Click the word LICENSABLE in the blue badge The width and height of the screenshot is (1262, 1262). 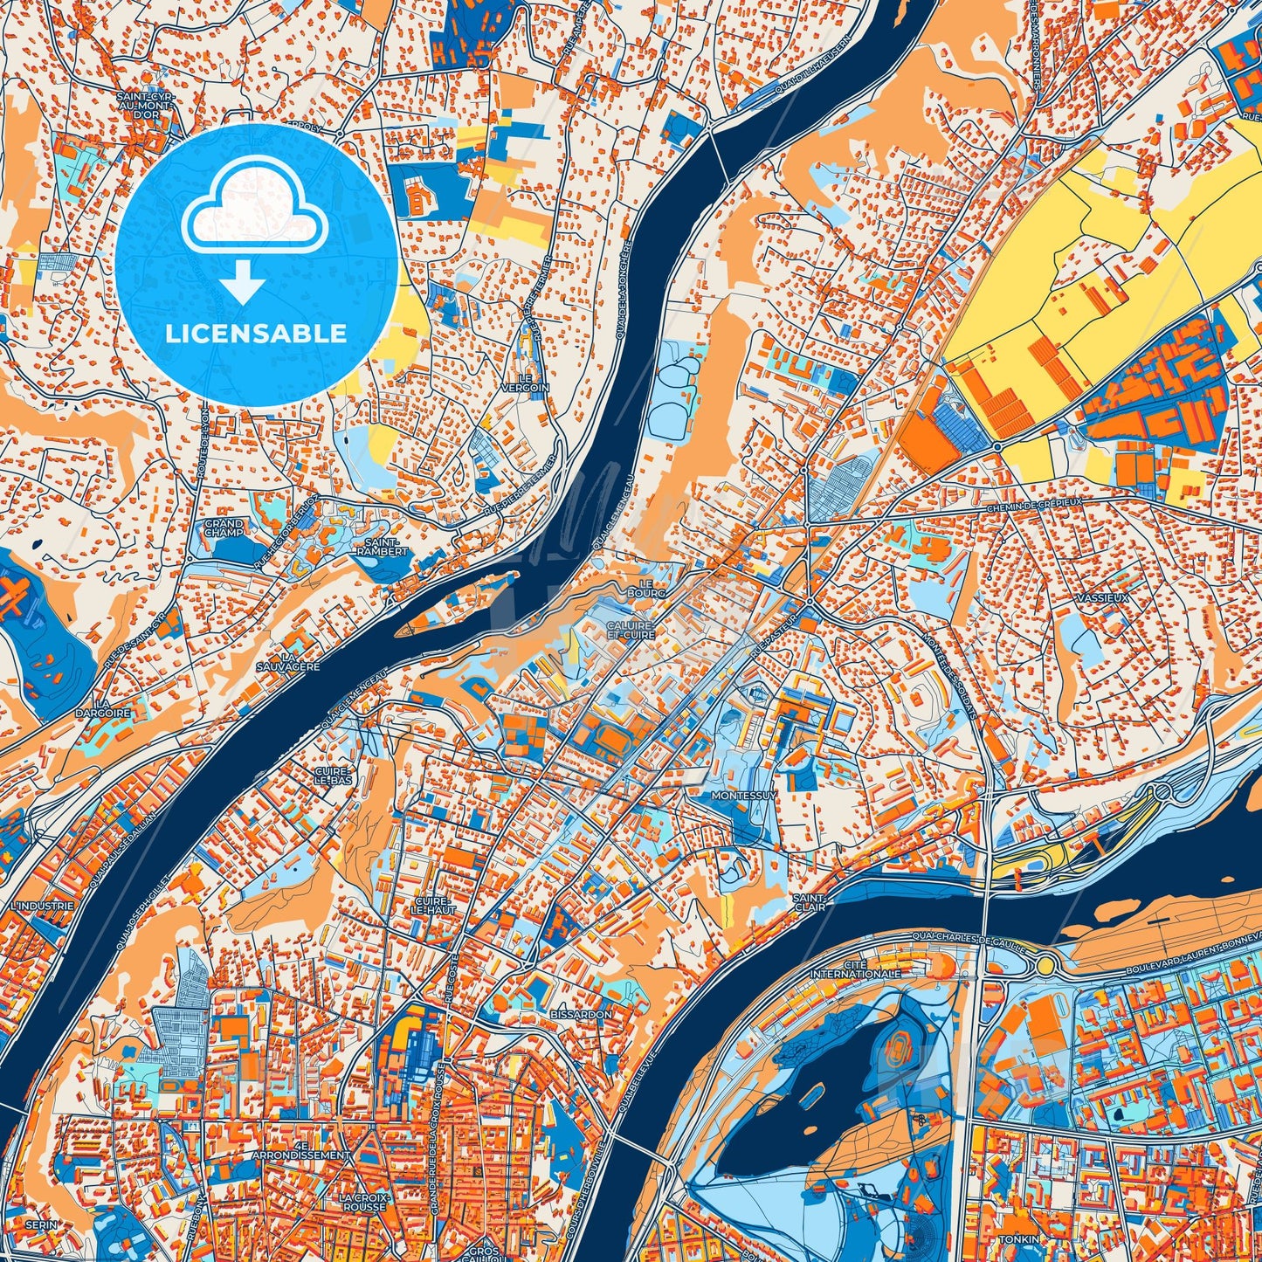(256, 334)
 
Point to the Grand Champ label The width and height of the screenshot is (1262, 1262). (224, 528)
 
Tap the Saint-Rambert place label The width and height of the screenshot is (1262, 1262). (383, 547)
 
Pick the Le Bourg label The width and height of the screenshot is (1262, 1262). (652, 588)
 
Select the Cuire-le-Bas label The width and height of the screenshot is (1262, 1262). (334, 776)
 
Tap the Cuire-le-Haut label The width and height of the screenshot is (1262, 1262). (434, 905)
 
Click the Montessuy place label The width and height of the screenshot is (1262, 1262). (744, 797)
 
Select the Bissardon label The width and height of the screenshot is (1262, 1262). (582, 1014)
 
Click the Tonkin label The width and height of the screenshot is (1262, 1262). (1020, 1239)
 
